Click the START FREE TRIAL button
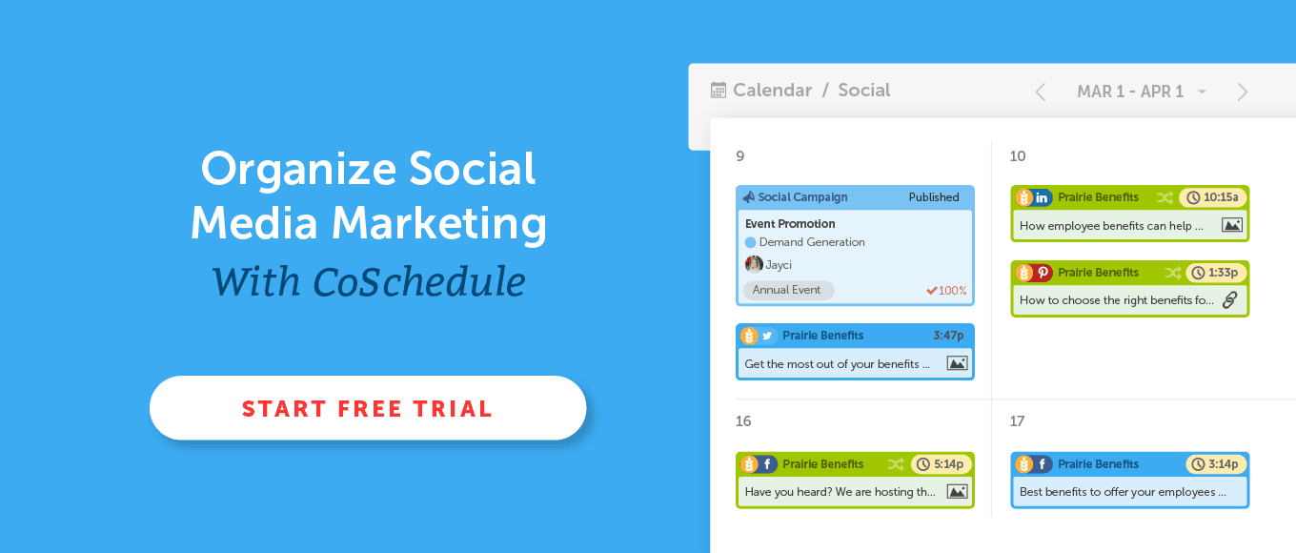(368, 408)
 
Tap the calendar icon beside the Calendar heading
(718, 91)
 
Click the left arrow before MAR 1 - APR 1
(1041, 92)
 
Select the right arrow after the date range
(1243, 92)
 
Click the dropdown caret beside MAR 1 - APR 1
(1202, 92)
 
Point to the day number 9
(740, 156)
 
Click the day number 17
(1017, 421)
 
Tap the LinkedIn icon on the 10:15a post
(1042, 197)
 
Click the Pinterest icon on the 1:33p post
(1043, 272)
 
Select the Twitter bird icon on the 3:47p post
(767, 336)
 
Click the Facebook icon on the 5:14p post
(767, 463)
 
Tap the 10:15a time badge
(1213, 197)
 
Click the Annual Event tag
(788, 290)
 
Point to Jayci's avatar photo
(753, 265)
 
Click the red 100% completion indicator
(946, 290)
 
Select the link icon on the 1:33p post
(1230, 300)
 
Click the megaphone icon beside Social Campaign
(749, 197)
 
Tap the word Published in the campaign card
(934, 197)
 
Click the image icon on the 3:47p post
(957, 363)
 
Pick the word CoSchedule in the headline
(419, 282)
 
